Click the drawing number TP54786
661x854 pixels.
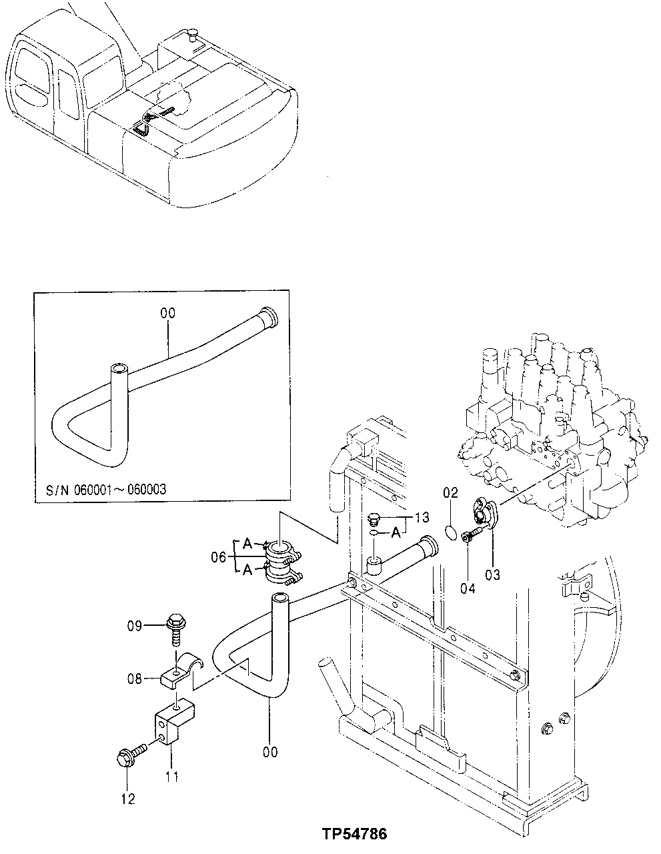coord(354,834)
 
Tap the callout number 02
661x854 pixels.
coord(451,493)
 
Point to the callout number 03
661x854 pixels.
coord(493,573)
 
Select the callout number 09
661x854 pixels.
coord(135,626)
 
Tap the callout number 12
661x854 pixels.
coord(128,799)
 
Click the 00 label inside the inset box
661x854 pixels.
coord(166,312)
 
